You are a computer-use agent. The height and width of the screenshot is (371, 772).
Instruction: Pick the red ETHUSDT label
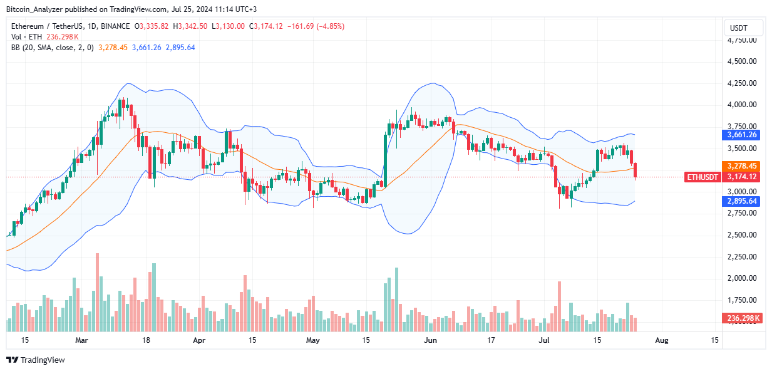pyautogui.click(x=703, y=177)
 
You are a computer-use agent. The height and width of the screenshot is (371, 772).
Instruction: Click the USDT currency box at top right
pyautogui.click(x=743, y=28)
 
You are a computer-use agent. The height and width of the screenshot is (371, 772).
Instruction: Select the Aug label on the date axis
pyautogui.click(x=662, y=340)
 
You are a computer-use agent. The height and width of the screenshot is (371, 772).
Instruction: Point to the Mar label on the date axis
pyautogui.click(x=81, y=340)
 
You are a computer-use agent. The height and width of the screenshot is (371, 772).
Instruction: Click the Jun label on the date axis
pyautogui.click(x=430, y=340)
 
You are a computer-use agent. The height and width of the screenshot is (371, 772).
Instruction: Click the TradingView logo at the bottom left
pyautogui.click(x=36, y=360)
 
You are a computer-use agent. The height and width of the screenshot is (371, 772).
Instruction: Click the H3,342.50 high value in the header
pyautogui.click(x=193, y=26)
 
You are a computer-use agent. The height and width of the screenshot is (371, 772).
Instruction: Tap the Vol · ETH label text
pyautogui.click(x=26, y=36)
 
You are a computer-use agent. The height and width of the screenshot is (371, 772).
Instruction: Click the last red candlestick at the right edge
pyautogui.click(x=636, y=170)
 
